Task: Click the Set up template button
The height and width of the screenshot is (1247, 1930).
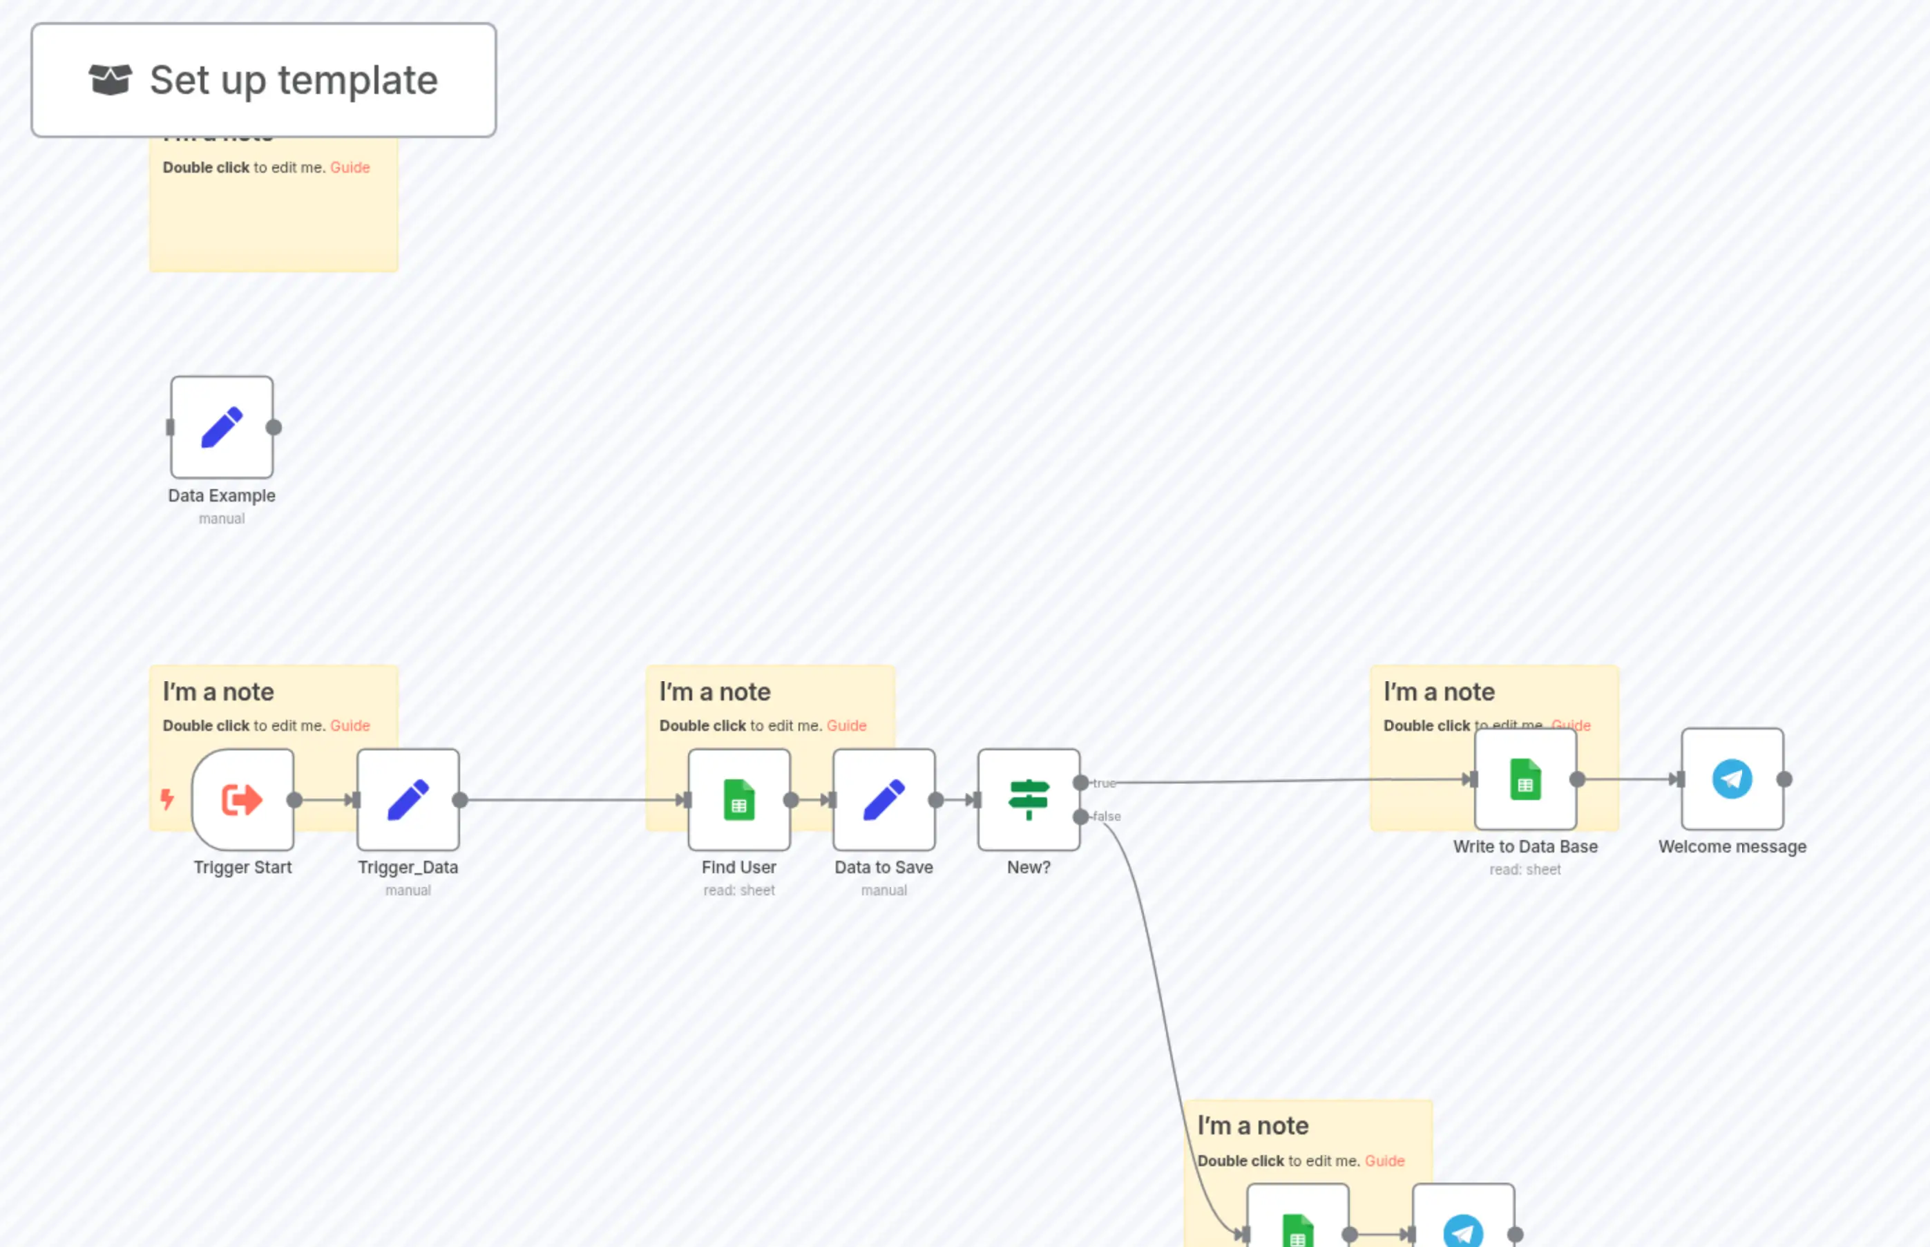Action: (263, 80)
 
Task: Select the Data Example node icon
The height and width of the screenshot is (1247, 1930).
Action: (222, 427)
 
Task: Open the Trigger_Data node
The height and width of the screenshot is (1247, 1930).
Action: (408, 799)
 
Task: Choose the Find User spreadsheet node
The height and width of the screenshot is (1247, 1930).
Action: (738, 799)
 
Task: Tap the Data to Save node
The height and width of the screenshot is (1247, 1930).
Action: (883, 799)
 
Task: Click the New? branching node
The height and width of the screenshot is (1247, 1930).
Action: (1028, 799)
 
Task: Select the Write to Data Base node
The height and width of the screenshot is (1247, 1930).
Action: (1525, 779)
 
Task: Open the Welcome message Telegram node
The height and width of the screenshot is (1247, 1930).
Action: (1732, 779)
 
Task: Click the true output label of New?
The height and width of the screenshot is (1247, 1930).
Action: (1105, 783)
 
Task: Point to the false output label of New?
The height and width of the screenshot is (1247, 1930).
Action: (1107, 816)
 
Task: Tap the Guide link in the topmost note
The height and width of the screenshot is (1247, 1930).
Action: (350, 168)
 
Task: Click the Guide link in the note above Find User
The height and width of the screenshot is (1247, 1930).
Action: (846, 725)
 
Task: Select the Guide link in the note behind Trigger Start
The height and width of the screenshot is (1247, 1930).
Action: (350, 725)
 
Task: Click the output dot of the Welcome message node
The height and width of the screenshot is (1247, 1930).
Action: (1784, 779)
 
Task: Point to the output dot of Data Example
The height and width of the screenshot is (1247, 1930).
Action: (274, 427)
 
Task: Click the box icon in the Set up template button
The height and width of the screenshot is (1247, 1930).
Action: (110, 79)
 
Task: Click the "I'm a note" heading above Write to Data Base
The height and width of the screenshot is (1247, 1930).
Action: (1439, 692)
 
